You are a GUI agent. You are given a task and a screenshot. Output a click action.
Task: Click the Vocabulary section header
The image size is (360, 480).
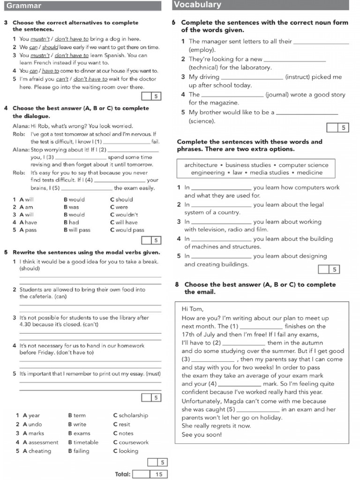pos(197,5)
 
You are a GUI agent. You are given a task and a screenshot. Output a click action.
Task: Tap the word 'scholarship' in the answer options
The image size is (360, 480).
pos(133,415)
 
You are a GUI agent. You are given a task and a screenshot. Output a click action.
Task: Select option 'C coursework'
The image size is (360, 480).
pos(130,442)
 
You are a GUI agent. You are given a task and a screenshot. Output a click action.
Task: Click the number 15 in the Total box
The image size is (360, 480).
pos(158,474)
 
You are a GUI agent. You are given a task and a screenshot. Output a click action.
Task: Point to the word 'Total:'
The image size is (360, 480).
pos(122,474)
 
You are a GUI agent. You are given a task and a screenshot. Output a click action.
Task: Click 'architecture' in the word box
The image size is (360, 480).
pos(201,165)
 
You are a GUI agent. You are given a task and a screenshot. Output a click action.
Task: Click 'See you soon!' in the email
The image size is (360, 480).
pos(202,435)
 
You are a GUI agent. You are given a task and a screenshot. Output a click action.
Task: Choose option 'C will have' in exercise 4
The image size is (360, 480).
pos(124,222)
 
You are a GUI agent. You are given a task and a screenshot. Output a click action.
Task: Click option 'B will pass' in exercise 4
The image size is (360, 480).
pos(77,230)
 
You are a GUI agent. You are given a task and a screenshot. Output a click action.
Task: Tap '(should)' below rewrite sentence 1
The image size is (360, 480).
pos(30,269)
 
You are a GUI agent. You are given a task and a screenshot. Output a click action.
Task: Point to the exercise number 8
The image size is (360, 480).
pos(177,285)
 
